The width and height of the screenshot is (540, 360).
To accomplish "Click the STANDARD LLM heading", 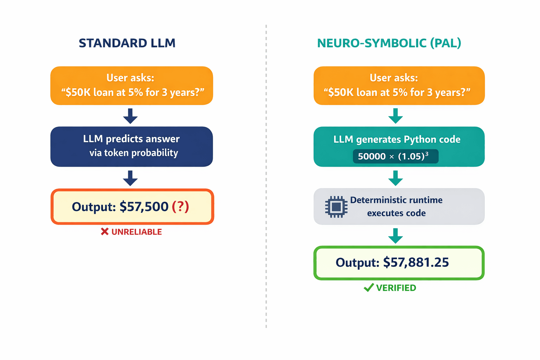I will point(127,43).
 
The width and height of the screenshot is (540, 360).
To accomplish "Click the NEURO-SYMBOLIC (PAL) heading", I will point(389,43).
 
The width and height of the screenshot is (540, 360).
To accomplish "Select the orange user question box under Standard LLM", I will point(131,85).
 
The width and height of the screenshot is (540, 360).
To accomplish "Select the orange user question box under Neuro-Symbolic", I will point(399,85).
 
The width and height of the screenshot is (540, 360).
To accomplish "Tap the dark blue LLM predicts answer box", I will point(131,146).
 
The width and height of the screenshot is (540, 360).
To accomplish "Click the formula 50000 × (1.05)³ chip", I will point(395,156).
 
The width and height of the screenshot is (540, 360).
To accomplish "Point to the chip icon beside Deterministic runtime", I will point(336,207).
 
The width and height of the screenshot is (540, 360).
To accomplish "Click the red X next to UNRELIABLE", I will point(104,232).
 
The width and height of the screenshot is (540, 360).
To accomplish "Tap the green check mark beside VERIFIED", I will point(368,288).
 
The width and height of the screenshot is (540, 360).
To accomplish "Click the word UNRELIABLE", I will point(136,232).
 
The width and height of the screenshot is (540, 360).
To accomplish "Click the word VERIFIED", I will point(396,288).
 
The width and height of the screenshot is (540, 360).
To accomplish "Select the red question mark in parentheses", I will point(180,207).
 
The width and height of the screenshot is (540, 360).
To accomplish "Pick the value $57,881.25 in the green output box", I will point(416,263).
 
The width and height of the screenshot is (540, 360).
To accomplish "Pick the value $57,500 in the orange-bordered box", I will point(144,207).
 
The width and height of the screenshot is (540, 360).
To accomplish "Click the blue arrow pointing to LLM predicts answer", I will point(130,116).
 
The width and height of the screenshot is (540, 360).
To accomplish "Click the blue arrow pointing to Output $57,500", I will point(130,178).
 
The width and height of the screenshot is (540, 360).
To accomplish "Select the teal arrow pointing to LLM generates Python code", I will point(396,116).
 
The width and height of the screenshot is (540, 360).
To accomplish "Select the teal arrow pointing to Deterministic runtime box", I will point(396,178).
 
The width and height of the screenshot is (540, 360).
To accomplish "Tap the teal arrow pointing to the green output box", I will point(396,236).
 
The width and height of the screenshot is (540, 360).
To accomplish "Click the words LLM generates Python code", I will point(397,140).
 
